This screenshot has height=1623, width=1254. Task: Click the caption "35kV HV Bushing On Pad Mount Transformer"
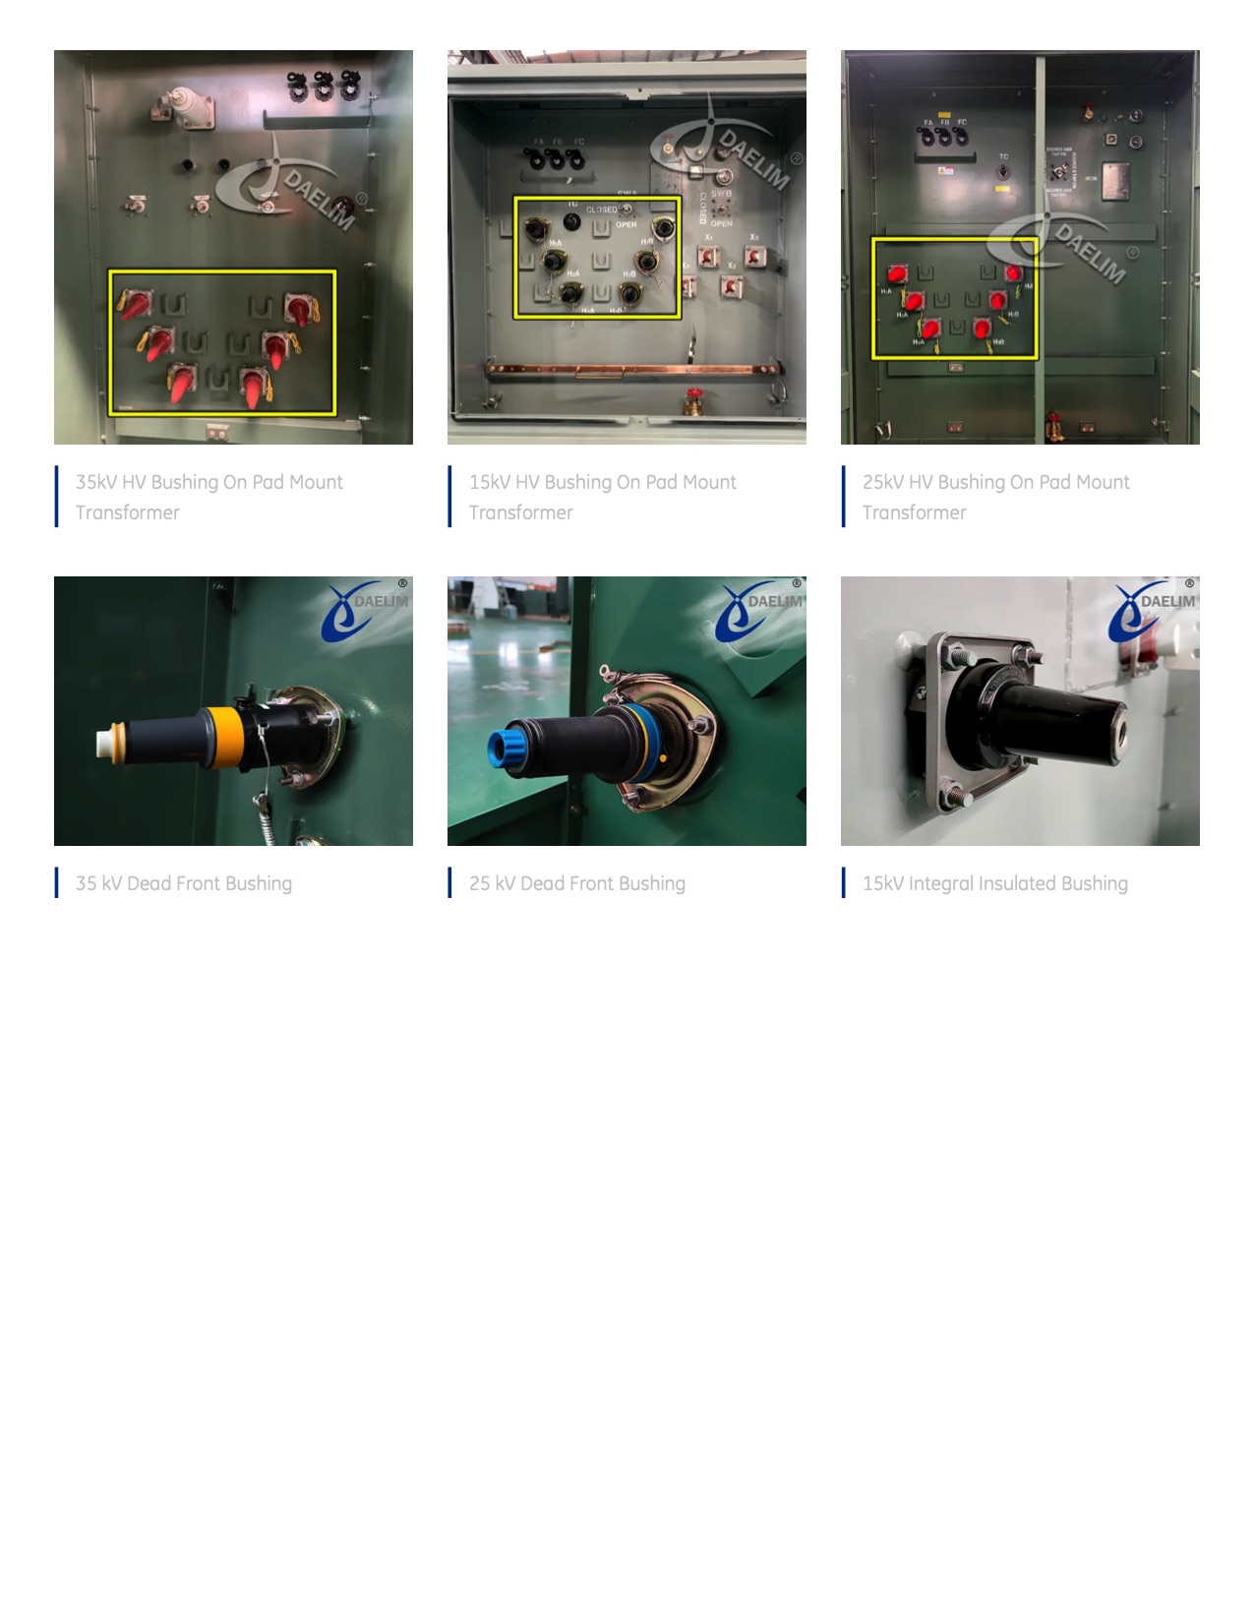(x=209, y=497)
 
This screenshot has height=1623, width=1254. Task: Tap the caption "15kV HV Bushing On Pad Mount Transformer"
(x=602, y=497)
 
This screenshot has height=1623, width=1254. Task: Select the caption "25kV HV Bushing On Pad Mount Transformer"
(x=995, y=497)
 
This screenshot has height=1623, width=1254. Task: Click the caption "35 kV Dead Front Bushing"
(x=184, y=883)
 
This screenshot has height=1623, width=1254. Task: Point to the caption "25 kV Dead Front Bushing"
(x=577, y=883)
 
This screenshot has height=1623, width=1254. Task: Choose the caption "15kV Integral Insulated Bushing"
(x=994, y=883)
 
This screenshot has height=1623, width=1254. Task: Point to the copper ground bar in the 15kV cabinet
(x=629, y=370)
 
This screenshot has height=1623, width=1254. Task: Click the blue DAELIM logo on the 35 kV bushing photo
(x=364, y=610)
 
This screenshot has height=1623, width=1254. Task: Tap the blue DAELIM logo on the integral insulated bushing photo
(x=1151, y=610)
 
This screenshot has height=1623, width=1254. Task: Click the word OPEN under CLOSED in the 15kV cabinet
(x=627, y=224)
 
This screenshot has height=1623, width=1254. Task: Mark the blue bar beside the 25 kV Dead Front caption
(x=449, y=882)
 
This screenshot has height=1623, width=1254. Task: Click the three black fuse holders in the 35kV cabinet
(x=323, y=87)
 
